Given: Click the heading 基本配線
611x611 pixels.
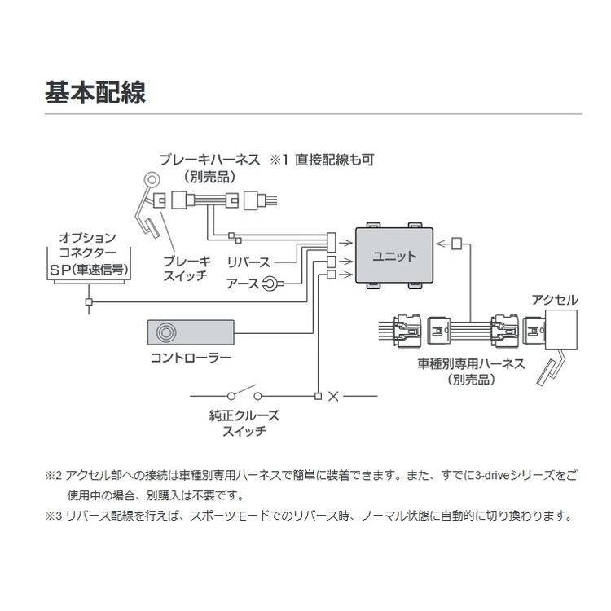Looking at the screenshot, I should (x=95, y=91).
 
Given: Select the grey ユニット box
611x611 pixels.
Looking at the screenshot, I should (x=394, y=255).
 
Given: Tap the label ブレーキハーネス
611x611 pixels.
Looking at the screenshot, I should (x=210, y=160).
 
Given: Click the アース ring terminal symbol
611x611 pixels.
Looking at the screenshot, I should (x=275, y=283).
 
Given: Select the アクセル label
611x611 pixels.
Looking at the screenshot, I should (x=554, y=301).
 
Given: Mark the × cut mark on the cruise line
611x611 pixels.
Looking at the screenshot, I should (x=332, y=397).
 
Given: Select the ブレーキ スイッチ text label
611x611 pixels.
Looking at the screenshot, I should (x=187, y=268).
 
